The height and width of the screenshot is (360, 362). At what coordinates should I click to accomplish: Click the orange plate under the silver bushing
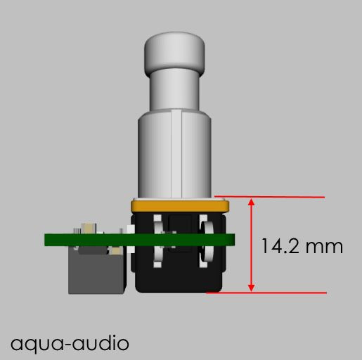coord(179,205)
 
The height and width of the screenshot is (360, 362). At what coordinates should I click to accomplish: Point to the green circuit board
coord(84,239)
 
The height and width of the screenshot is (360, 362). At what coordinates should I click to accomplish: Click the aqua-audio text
coord(70,343)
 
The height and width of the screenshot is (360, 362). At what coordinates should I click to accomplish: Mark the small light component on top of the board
coord(89,229)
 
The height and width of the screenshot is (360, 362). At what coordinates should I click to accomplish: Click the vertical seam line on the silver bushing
coord(172,155)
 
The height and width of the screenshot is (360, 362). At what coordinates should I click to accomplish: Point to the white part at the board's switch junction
coord(125,231)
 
